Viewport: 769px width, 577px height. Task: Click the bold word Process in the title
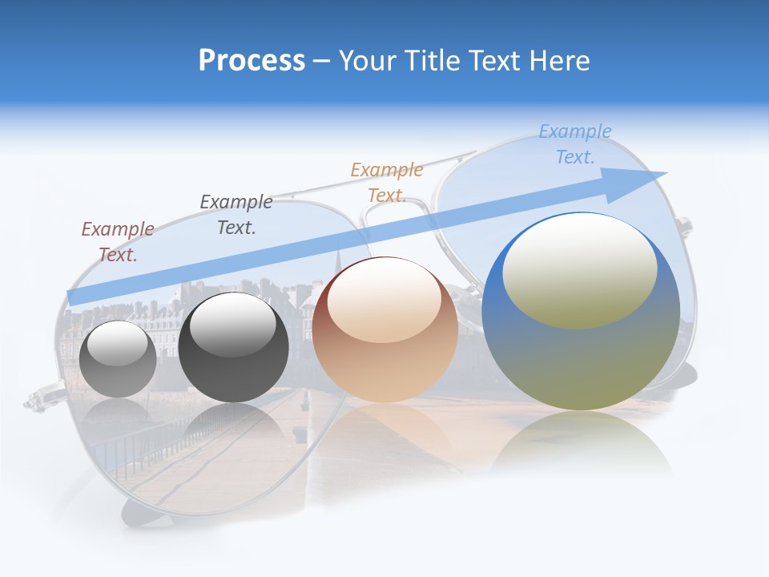pos(252,61)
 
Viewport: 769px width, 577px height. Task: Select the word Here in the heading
pos(558,61)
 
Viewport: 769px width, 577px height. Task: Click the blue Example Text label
pos(575,144)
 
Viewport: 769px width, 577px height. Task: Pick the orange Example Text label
pos(387,183)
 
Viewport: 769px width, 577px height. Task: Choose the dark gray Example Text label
pos(236,215)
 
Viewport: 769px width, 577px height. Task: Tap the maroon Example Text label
pos(118,242)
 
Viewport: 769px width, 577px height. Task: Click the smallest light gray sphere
pos(118,359)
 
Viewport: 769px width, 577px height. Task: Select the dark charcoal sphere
pos(233,348)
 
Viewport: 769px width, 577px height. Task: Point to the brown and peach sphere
pos(385,330)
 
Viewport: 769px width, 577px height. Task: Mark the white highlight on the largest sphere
pos(580,269)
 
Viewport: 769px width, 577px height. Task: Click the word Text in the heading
pos(499,61)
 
